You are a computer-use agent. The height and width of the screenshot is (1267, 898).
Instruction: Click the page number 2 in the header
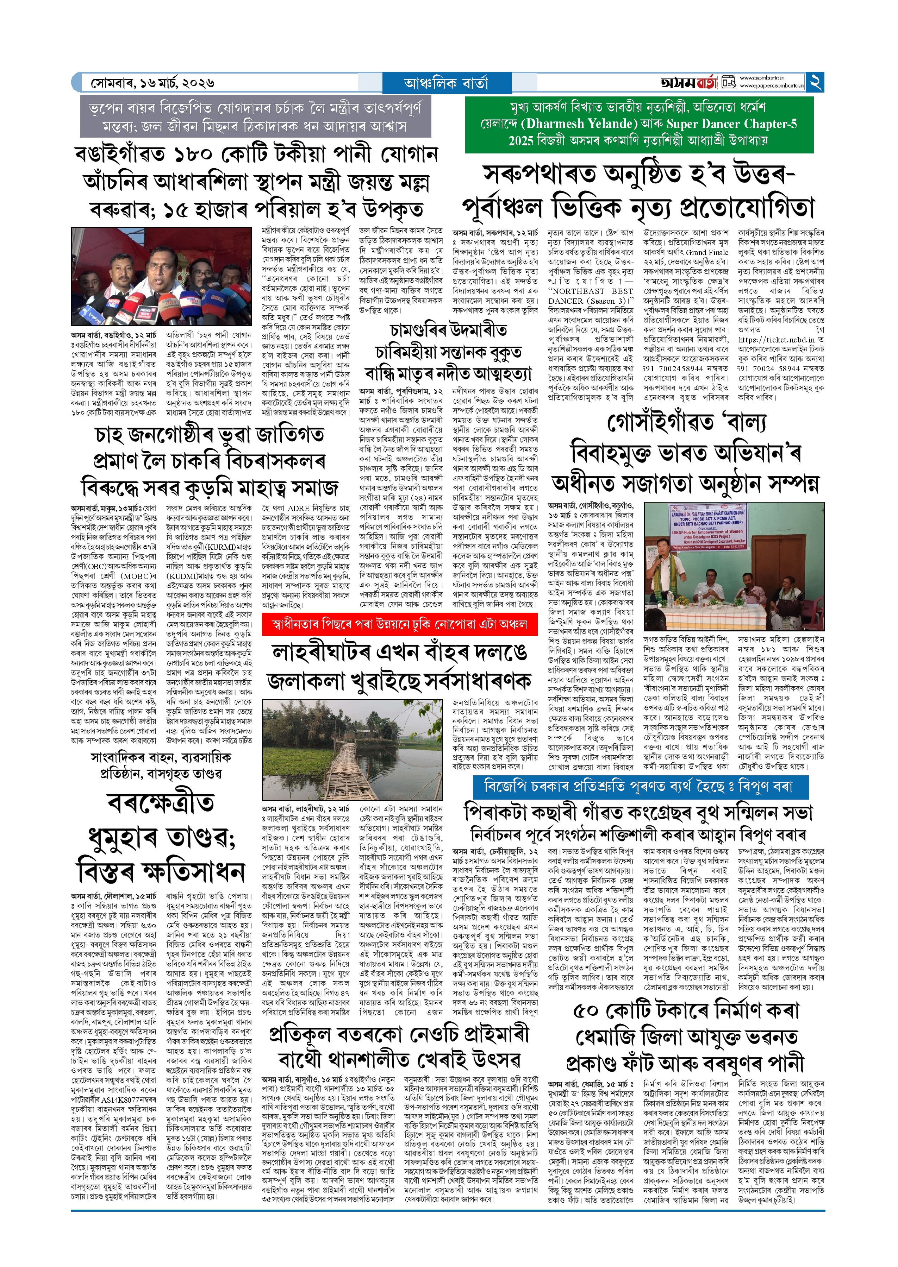point(816,82)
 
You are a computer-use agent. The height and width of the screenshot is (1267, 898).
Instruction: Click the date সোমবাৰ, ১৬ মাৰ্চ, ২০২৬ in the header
point(152,83)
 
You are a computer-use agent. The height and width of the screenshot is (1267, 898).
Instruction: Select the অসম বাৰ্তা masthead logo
point(688,83)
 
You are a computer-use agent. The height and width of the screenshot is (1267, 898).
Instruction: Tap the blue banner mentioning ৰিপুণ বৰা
point(640,786)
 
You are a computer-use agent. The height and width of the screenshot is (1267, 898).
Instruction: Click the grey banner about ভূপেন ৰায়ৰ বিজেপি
point(255,116)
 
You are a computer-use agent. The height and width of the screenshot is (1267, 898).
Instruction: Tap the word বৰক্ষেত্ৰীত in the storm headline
point(161,803)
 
